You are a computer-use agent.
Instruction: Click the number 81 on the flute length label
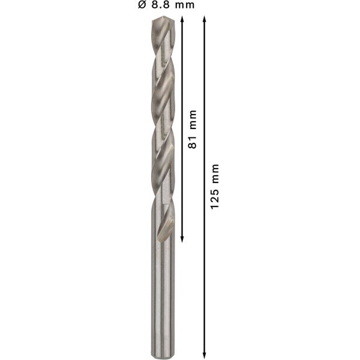click(x=193, y=144)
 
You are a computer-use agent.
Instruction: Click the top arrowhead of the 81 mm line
click(x=182, y=20)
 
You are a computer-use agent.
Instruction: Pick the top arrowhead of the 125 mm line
click(x=205, y=20)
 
